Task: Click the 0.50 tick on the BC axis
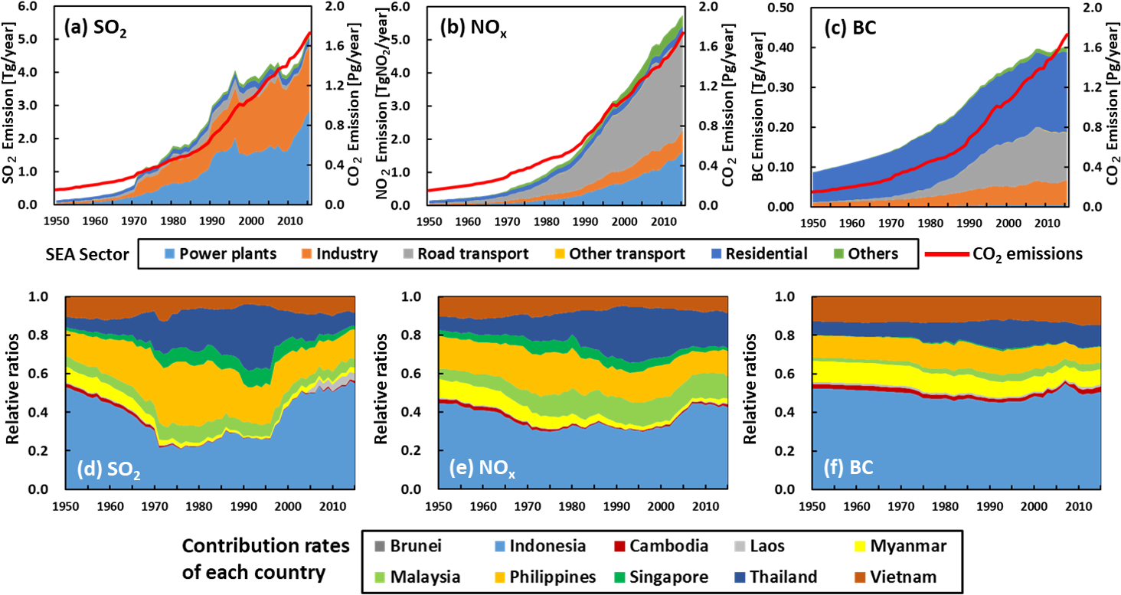791,8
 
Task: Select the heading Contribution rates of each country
263,561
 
